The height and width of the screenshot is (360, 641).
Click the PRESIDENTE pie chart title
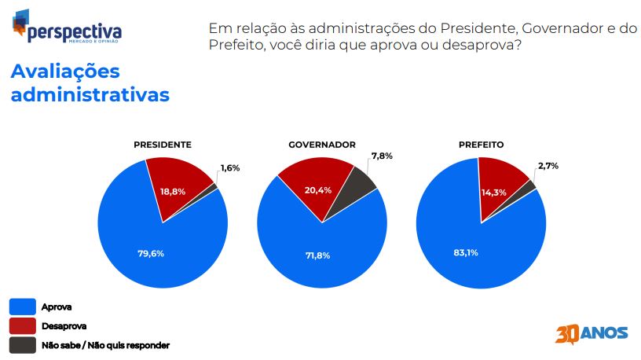coord(163,145)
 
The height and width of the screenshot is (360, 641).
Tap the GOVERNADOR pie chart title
coord(322,145)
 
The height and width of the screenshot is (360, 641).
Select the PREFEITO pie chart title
coord(482,145)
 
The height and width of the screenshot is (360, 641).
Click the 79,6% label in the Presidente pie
coord(151,254)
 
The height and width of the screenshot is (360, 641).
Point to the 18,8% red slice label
coord(173,192)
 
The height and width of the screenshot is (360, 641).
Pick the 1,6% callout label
coord(230,168)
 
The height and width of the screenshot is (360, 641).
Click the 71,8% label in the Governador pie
coord(317,255)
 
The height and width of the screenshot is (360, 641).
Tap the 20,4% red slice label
coord(318,190)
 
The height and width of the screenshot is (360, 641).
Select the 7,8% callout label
coord(382,156)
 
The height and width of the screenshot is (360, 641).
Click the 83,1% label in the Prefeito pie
coord(466,253)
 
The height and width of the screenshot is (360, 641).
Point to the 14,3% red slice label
coord(494,193)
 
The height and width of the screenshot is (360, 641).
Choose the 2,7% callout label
coord(548,166)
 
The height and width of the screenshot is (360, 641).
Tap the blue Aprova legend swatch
coord(23,307)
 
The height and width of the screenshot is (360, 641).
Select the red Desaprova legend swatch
coord(23,326)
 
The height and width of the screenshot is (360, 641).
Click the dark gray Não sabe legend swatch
coord(23,345)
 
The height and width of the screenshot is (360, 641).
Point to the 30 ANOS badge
coord(592,334)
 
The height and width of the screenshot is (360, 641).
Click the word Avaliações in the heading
coord(65,72)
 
